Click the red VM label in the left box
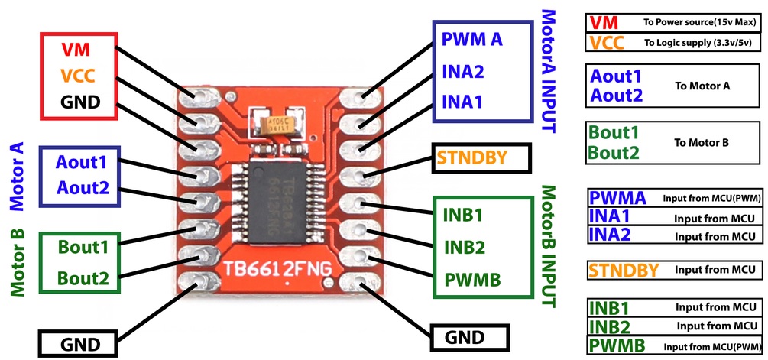click(76, 50)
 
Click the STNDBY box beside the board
click(472, 158)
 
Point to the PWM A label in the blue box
click(472, 39)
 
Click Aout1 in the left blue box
click(81, 162)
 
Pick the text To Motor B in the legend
click(701, 142)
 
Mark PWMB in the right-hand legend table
click(617, 345)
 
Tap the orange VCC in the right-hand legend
click(608, 42)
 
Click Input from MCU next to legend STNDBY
click(715, 269)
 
